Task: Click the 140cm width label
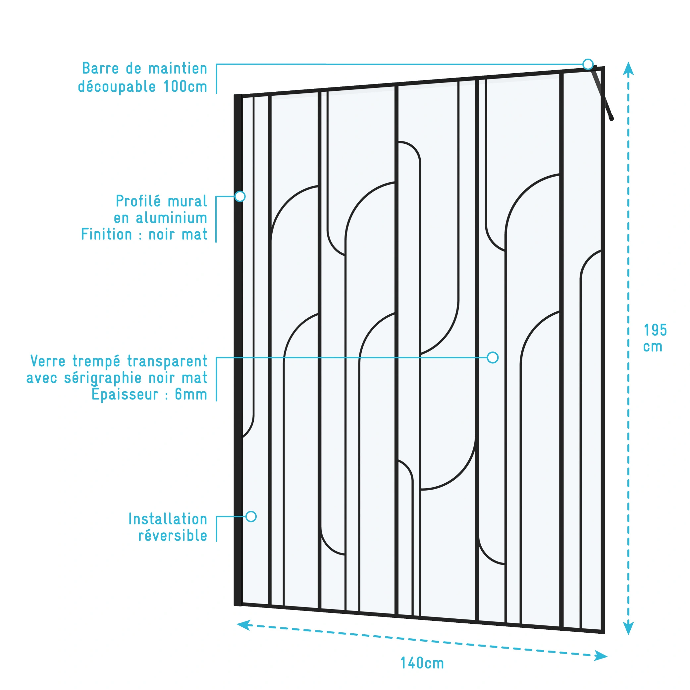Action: pos(422,663)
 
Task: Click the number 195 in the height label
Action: pos(655,330)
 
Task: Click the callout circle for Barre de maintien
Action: pos(588,64)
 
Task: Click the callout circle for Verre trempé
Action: pos(493,357)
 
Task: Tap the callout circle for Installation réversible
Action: pos(251,516)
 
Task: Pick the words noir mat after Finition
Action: pos(178,235)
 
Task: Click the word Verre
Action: pos(48,361)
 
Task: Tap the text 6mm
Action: pos(191,395)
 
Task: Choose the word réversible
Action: pos(173,536)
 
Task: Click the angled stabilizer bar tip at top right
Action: pos(611,118)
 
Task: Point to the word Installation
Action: pos(168,519)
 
